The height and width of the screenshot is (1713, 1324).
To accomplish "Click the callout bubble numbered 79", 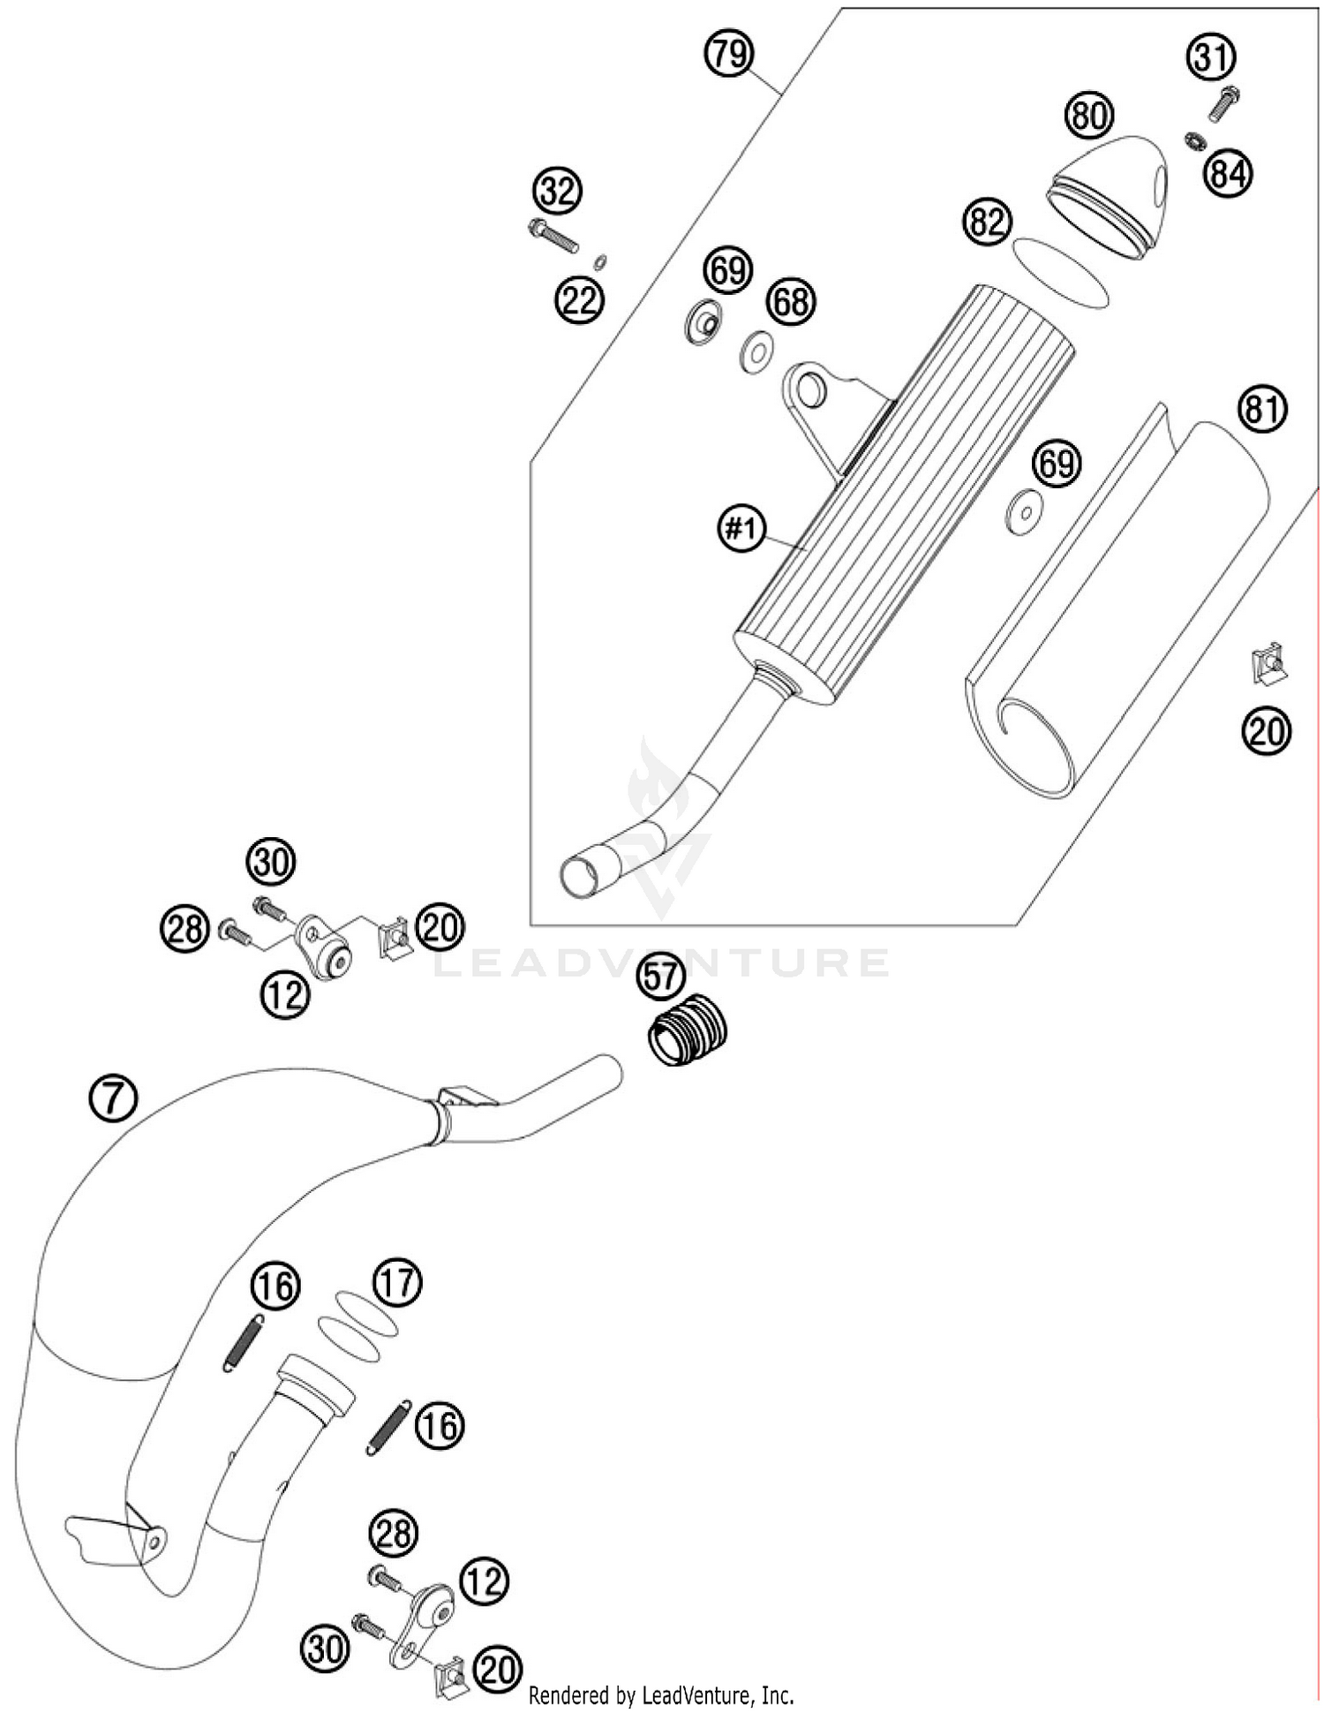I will (x=729, y=55).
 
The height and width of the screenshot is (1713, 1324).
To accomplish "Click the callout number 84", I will (x=1229, y=174).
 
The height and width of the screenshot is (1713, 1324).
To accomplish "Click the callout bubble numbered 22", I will (x=579, y=301).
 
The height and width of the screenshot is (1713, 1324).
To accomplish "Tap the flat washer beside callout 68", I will (x=756, y=351).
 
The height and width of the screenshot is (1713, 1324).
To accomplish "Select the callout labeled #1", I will (x=741, y=529).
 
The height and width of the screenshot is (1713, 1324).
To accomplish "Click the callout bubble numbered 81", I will (x=1262, y=409).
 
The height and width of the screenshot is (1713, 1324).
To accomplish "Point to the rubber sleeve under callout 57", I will (x=688, y=1029).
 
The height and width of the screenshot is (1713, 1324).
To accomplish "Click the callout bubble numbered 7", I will (x=113, y=1098).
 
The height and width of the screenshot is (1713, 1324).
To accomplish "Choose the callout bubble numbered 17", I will (x=397, y=1281).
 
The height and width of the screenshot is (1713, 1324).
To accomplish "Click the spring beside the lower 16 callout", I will (x=388, y=1427).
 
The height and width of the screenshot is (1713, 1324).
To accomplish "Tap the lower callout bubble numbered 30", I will (x=326, y=1649).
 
